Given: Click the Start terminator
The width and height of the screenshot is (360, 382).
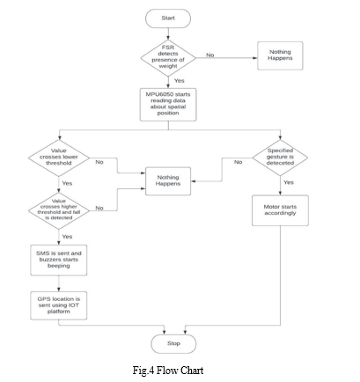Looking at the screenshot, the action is pos(168,18).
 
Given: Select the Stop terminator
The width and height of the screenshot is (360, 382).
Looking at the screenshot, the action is pos(173,343).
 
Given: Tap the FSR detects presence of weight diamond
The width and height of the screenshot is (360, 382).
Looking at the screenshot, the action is pos(168,58).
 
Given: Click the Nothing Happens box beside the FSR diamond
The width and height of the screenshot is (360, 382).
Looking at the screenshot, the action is pos(280,55).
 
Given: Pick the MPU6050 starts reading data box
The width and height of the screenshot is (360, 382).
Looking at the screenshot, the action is pos(168,105).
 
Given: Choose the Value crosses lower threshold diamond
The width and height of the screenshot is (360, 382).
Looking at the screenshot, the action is pos(59,158).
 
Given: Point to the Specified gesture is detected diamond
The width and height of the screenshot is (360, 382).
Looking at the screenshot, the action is pos(280,158).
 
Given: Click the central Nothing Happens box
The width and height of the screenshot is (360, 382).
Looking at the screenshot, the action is pos(168,181).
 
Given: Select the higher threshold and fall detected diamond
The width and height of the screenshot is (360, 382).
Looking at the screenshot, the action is pos(59,210).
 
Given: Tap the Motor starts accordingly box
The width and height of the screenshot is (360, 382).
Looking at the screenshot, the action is pos(280,210).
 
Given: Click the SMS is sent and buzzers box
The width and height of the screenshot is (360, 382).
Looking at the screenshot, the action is pos(59,260).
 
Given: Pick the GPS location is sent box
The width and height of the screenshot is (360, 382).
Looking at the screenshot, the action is pos(59,305).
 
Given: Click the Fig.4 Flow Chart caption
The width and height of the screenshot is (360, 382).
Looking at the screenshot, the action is pos(168,371).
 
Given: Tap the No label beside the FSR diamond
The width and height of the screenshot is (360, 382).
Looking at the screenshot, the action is pos(210,55).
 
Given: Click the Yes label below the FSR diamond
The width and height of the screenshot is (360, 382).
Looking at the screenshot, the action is pos(180,81).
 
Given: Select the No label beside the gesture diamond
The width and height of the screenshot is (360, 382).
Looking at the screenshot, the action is pos(239,162).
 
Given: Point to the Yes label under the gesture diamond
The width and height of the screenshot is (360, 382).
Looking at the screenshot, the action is pos(289,182).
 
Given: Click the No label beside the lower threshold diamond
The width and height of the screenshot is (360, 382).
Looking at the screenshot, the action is pos(99,162).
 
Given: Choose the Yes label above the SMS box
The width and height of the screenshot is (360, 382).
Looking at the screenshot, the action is pos(67,237).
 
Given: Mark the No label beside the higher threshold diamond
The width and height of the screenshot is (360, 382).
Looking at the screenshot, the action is pos(99,208).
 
